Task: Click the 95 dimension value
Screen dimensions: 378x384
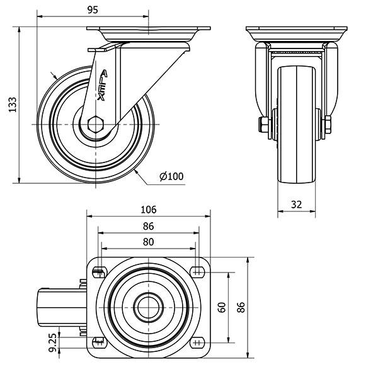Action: click(x=93, y=10)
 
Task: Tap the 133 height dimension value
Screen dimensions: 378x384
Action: click(x=13, y=105)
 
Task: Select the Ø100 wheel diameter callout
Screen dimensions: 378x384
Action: click(x=171, y=176)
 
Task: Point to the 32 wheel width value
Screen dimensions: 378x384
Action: click(x=296, y=205)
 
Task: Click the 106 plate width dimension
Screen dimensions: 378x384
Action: click(x=149, y=210)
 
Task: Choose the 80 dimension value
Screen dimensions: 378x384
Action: click(x=148, y=242)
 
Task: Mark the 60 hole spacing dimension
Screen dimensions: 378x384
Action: click(x=222, y=307)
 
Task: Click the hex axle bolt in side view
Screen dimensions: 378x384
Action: click(x=96, y=125)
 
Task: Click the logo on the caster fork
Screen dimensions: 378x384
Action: click(x=103, y=86)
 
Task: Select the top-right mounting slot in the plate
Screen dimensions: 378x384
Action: click(x=198, y=272)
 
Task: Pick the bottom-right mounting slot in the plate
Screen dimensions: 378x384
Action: click(x=198, y=342)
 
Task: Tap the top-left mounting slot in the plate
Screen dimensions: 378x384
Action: click(x=100, y=273)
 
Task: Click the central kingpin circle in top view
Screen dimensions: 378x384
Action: click(x=148, y=307)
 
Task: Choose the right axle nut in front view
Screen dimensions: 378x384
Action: click(x=328, y=125)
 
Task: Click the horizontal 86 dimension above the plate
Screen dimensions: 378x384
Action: click(x=148, y=226)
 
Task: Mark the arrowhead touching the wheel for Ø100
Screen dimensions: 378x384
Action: click(x=135, y=171)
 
